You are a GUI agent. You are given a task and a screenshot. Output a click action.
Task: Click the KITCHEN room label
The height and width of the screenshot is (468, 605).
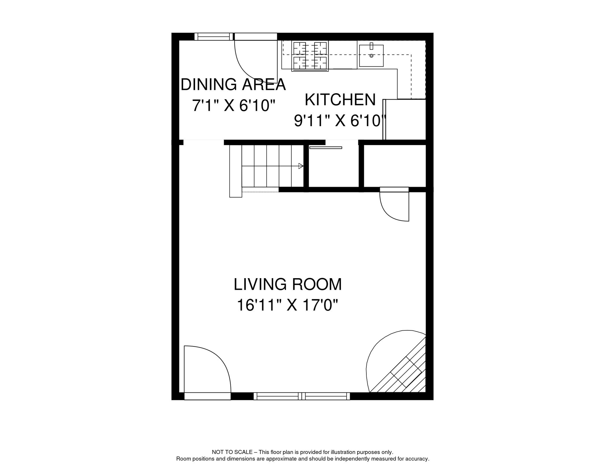(x=340, y=100)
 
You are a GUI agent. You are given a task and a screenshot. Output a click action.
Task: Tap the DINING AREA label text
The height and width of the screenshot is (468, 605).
(x=233, y=84)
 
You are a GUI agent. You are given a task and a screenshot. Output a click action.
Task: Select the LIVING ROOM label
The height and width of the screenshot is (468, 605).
(x=288, y=284)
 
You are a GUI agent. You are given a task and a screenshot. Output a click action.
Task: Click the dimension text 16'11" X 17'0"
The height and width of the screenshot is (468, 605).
(x=288, y=305)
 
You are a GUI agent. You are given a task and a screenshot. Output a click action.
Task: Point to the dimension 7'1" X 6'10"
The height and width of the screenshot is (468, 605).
(x=233, y=106)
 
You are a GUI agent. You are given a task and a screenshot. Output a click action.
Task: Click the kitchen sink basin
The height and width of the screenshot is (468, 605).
(x=371, y=56)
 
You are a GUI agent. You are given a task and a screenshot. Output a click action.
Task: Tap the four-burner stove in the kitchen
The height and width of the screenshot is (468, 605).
(x=310, y=56)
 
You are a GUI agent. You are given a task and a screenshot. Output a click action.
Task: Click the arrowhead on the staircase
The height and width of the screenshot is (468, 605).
(x=301, y=166)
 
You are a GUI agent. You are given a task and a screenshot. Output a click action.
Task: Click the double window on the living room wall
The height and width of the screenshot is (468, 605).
(x=302, y=396)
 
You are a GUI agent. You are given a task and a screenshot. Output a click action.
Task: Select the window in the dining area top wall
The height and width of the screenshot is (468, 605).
(x=214, y=37)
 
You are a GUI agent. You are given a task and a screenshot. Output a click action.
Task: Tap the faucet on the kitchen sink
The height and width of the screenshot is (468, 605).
(x=371, y=46)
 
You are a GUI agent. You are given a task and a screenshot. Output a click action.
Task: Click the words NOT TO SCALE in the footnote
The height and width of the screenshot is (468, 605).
(x=232, y=452)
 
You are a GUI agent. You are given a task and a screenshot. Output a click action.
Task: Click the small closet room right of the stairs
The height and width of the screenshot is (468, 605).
(x=334, y=168)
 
